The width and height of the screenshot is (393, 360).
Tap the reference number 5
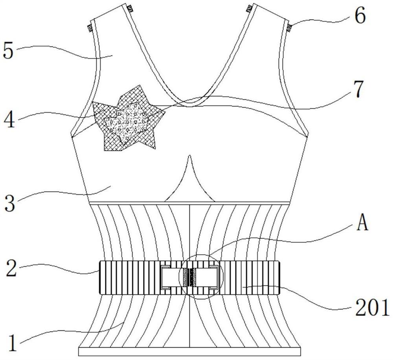[x=9, y=52]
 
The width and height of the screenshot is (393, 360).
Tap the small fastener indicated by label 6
[x=290, y=27]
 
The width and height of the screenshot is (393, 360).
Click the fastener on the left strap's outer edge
[x=89, y=28]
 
